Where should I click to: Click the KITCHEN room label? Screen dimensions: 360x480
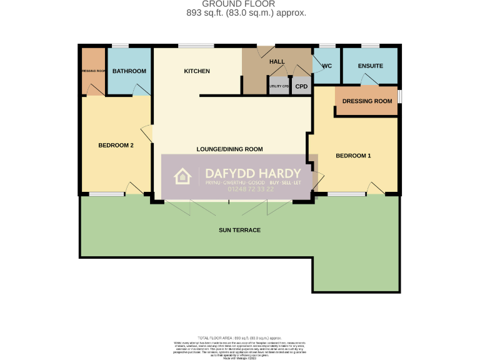[196, 71]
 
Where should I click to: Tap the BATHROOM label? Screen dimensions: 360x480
[129, 71]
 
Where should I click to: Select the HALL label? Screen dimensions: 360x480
[276, 62]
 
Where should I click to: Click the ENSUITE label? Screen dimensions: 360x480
[370, 66]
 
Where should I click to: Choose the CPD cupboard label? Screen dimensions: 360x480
[301, 86]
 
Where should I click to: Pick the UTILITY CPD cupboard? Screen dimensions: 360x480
[279, 86]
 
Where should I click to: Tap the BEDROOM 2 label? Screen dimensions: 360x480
[116, 146]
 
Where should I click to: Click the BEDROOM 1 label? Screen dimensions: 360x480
[353, 156]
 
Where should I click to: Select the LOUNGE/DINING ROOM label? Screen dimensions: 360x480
[229, 149]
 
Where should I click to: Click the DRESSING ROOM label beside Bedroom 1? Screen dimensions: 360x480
[367, 101]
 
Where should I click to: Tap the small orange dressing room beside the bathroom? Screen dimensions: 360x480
[92, 71]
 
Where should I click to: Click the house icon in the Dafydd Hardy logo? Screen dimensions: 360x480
[182, 176]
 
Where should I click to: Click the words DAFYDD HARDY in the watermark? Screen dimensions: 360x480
[254, 173]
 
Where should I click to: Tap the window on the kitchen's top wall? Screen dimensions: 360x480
[196, 46]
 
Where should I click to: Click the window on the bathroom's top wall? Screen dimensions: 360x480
[120, 46]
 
